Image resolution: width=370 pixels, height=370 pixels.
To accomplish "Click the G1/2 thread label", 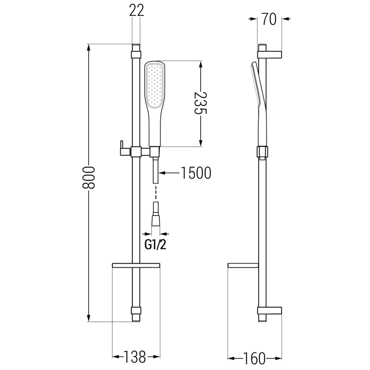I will pos(156,245).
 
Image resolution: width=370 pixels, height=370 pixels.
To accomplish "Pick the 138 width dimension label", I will pos(135,357).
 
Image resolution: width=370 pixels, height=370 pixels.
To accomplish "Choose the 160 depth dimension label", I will pos(255,358).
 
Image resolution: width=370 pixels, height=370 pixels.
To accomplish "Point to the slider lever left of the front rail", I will pos(122,147).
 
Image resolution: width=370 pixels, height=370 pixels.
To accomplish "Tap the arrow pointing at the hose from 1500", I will pos(169,173).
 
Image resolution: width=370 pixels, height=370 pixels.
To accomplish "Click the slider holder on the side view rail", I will pos(262,152).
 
